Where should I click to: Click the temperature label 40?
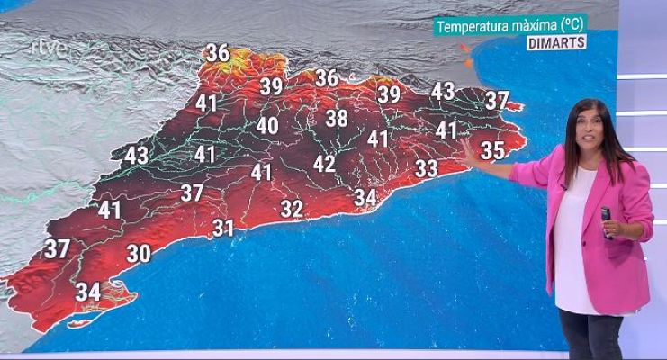pos(266,126)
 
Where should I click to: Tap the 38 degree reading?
pos(337,118)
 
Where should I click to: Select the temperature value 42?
pos(324,164)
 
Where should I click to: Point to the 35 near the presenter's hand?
pos(492,149)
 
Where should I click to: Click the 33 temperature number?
pos(427,167)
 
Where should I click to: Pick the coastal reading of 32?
pos(291,209)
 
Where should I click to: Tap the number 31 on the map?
pos(223,229)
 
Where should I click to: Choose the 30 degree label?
pos(138,255)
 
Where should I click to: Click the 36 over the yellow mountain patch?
pos(218,52)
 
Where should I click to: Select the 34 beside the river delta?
pos(87,292)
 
